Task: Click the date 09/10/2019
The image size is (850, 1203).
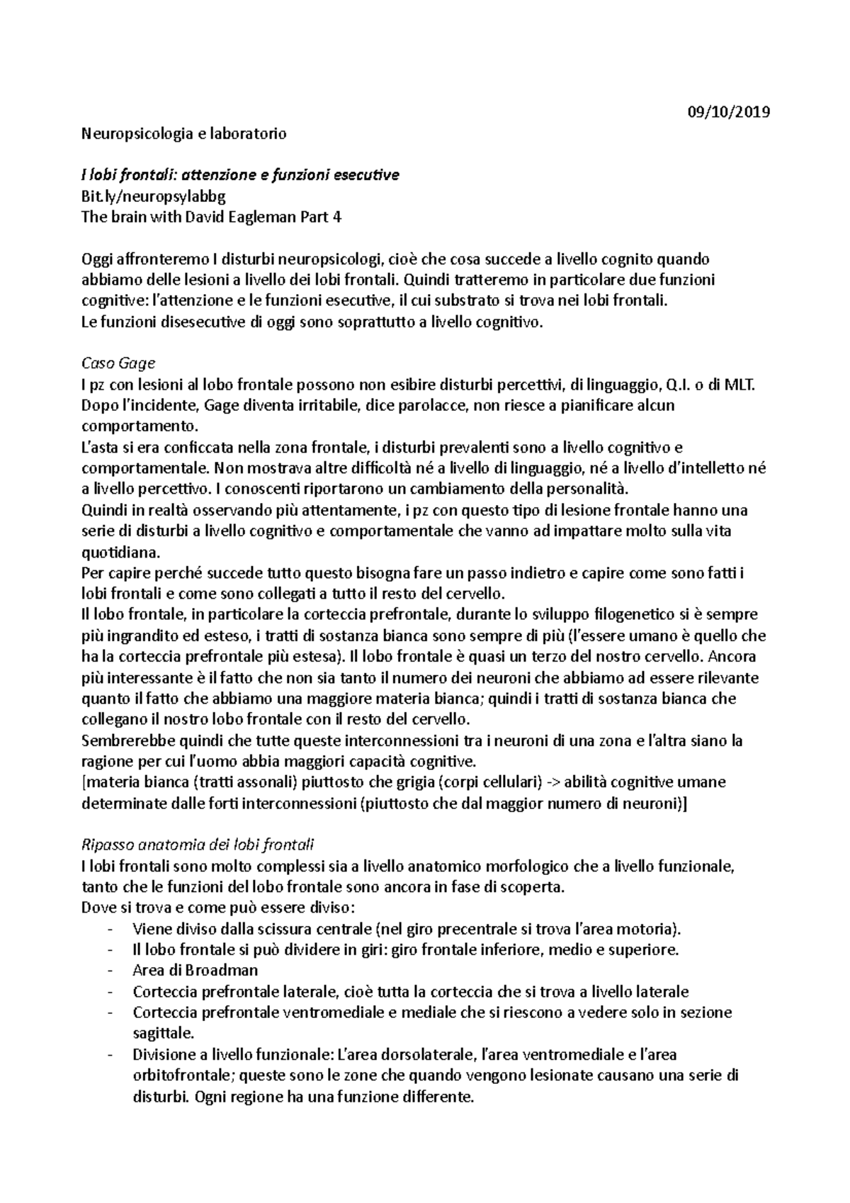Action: tap(729, 112)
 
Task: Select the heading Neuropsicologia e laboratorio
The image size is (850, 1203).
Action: tap(184, 133)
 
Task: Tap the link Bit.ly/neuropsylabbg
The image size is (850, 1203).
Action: tap(154, 196)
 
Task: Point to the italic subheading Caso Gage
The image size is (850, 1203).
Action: tap(118, 364)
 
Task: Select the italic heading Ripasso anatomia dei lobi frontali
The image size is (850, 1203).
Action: tap(198, 845)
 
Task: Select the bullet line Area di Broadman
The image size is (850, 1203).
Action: tap(195, 971)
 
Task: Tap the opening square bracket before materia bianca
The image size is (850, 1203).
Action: tap(84, 783)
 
